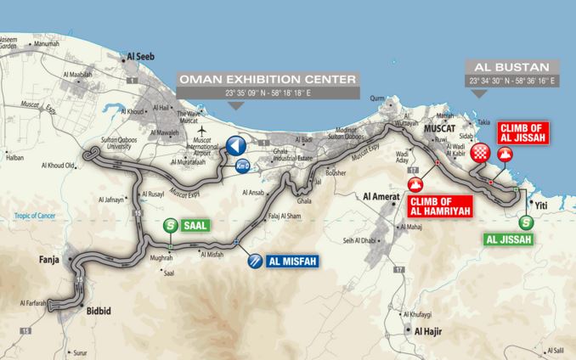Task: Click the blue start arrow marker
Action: click(234, 145)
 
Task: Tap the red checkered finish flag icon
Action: click(482, 154)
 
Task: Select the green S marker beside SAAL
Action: click(172, 225)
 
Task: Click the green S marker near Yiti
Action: click(527, 222)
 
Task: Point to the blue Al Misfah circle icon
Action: click(254, 262)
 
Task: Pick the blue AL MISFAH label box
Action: click(293, 262)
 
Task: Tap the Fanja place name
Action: click(48, 262)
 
